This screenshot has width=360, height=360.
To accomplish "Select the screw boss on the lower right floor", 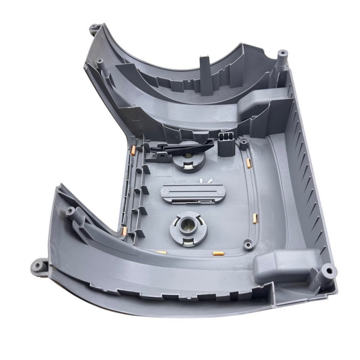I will pyautogui.click(x=247, y=244).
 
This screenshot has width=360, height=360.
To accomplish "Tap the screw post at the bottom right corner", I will pyautogui.click(x=328, y=271).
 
